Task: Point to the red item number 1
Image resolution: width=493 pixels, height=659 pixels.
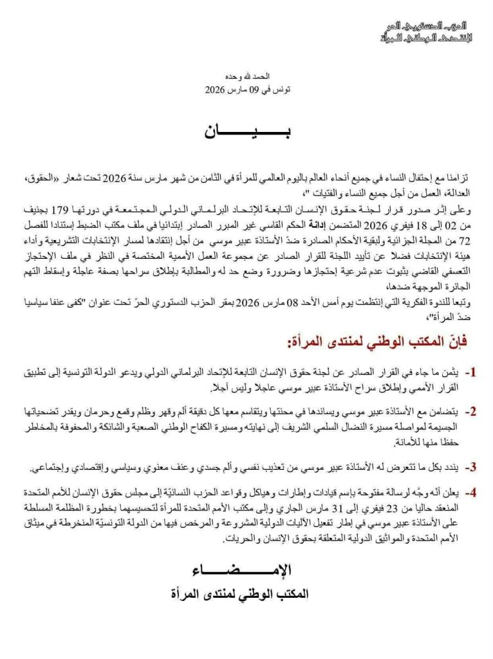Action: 471,373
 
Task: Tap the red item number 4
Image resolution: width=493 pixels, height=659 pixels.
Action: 471,494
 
